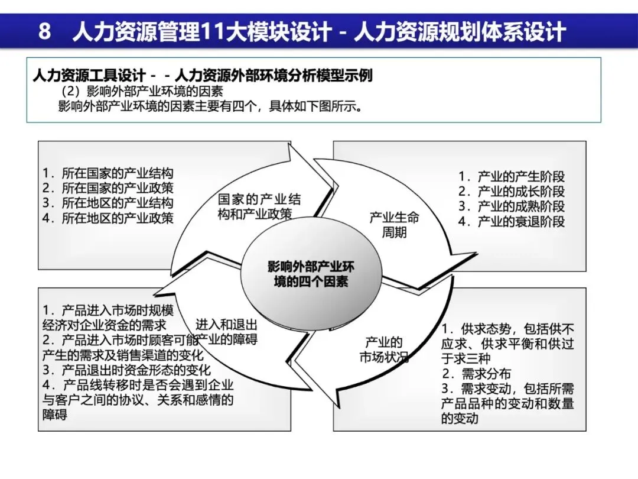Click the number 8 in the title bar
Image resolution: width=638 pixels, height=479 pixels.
click(x=44, y=31)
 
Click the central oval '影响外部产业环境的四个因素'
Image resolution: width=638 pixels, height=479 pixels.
click(x=311, y=274)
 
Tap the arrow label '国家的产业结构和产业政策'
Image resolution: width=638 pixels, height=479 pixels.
click(x=259, y=206)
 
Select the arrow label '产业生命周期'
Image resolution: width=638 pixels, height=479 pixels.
click(x=394, y=225)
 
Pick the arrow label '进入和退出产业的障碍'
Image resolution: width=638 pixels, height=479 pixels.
click(x=227, y=332)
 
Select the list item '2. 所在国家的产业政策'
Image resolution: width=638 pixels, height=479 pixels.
click(x=108, y=189)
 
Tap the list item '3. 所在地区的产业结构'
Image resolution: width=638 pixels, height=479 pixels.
click(x=108, y=203)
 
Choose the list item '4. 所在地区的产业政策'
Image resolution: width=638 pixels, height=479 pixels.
click(x=108, y=218)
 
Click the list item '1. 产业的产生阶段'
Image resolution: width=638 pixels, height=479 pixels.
click(x=512, y=176)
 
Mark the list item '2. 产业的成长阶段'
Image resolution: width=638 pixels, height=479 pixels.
click(x=512, y=191)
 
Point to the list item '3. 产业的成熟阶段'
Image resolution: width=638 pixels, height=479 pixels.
click(x=512, y=206)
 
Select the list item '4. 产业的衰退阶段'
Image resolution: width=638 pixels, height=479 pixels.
click(x=512, y=222)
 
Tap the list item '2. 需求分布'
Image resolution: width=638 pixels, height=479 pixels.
click(x=477, y=374)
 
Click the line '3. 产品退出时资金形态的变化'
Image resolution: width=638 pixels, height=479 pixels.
click(x=126, y=371)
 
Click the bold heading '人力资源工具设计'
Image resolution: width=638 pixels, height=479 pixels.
click(x=89, y=76)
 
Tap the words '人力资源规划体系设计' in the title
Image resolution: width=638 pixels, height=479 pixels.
click(x=460, y=31)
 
